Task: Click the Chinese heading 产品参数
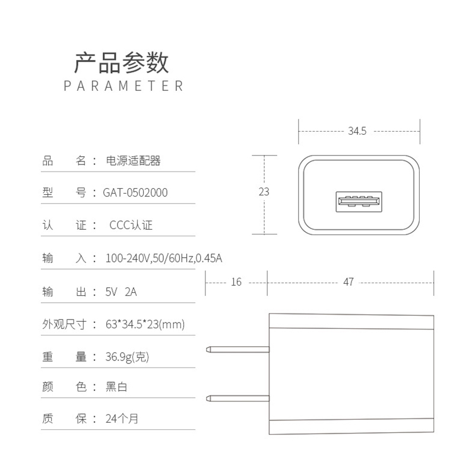click(x=122, y=62)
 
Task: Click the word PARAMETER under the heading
click(x=123, y=85)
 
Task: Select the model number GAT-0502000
click(x=135, y=192)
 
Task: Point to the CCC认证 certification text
click(x=131, y=226)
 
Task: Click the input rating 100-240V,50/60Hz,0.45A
click(x=164, y=259)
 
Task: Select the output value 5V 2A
click(x=121, y=292)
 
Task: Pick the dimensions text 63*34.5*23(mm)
click(x=145, y=324)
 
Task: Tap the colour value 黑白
click(x=116, y=387)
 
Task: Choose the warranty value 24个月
click(x=122, y=419)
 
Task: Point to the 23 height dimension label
click(x=264, y=192)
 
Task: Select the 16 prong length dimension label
click(x=236, y=282)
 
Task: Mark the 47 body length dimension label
click(x=349, y=282)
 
